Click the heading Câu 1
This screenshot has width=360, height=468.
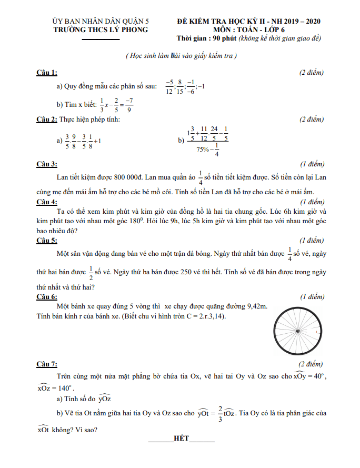coord(46,72)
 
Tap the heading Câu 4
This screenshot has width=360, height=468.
coord(46,202)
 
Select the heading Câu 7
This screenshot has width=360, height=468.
coord(46,364)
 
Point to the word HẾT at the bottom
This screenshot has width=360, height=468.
coord(181,438)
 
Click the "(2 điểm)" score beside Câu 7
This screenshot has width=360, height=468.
coord(312,364)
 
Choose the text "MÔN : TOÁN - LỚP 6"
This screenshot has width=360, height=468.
coord(249,30)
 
